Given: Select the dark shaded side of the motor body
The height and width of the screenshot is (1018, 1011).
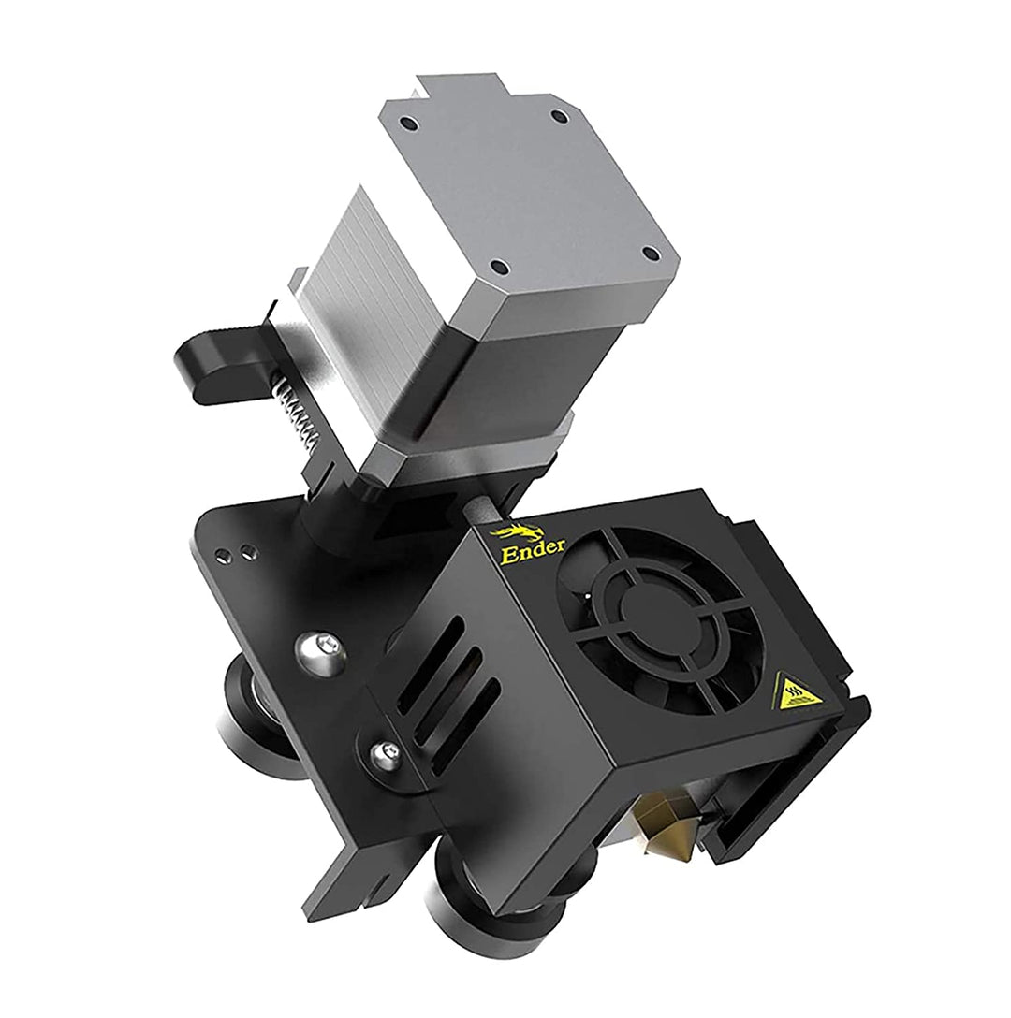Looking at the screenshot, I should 543,374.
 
